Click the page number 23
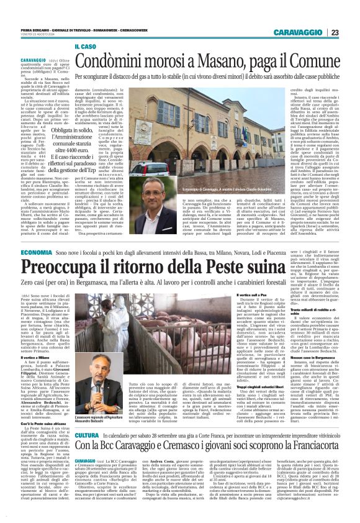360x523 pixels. click(x=335, y=32)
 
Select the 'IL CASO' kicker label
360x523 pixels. click(x=86, y=47)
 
